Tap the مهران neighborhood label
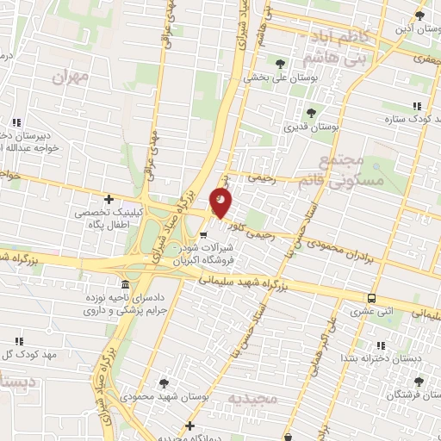(x=71, y=78)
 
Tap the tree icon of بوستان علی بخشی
(x=280, y=62)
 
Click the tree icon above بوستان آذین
(x=419, y=16)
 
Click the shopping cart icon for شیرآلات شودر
(x=203, y=233)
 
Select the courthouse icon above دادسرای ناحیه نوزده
(x=126, y=285)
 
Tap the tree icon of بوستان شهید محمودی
(x=164, y=382)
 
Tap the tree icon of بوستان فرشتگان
(x=419, y=382)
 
